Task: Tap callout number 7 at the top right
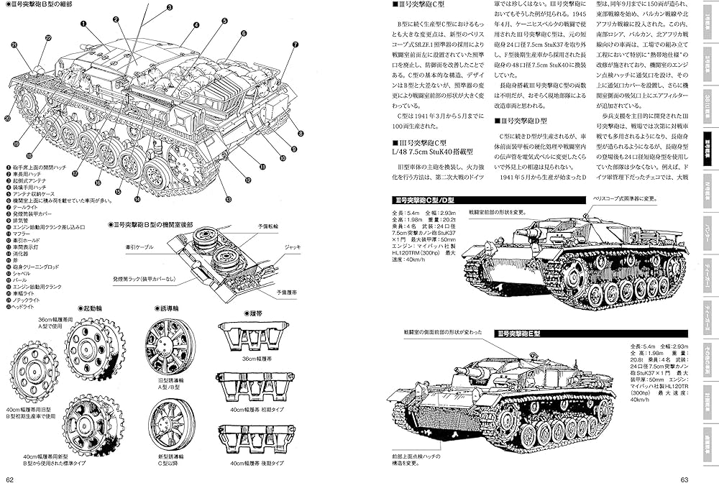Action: point(295,45)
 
